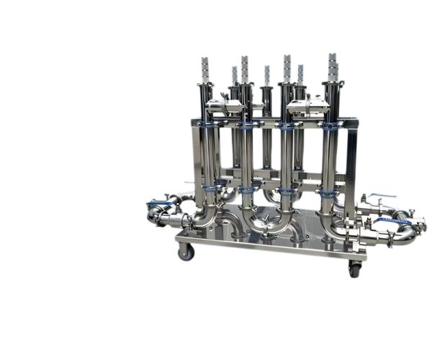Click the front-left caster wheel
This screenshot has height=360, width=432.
click(186, 252)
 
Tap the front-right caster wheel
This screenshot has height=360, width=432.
click(354, 270)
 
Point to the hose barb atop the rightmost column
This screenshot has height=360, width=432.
click(332, 66)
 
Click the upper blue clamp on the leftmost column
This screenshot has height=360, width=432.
click(207, 125)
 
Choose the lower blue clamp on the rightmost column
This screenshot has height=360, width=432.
click(328, 193)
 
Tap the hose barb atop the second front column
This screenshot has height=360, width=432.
click(245, 68)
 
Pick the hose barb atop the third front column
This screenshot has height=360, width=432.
click(287, 68)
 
